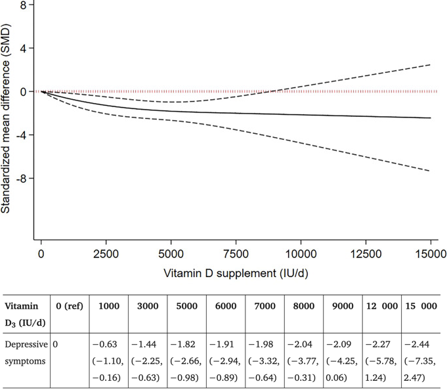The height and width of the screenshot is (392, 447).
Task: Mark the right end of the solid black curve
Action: [x=431, y=118]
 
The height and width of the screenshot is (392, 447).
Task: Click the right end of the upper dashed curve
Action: [x=431, y=64]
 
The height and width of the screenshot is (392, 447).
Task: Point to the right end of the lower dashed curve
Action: [x=431, y=171]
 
